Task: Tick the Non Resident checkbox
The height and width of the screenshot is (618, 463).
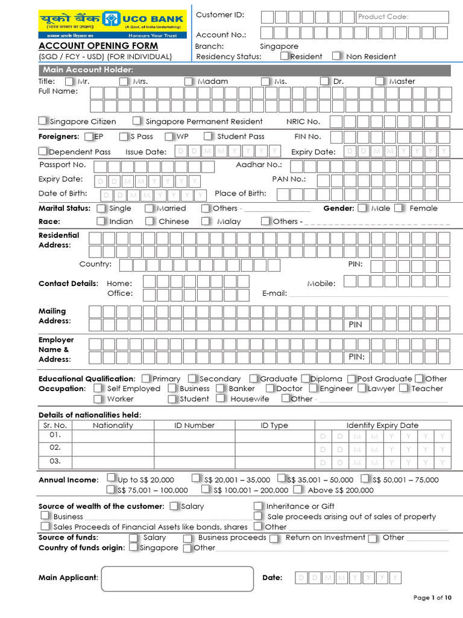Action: [x=336, y=56]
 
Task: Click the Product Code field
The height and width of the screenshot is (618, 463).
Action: [x=402, y=17]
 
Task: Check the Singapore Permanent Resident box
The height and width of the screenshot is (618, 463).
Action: [x=137, y=121]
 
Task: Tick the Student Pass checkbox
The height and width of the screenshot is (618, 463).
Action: [x=208, y=136]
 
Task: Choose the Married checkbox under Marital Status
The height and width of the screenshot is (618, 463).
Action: [x=150, y=208]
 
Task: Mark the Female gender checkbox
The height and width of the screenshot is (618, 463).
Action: [x=400, y=208]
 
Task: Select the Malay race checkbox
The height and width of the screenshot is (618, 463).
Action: [x=206, y=221]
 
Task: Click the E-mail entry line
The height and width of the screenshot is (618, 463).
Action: [x=368, y=295]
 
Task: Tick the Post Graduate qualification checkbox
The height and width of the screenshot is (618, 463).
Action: [x=353, y=378]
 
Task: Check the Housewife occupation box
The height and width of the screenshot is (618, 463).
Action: [x=221, y=398]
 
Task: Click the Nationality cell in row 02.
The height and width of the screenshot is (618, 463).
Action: [x=113, y=448]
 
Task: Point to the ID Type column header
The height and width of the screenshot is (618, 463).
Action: [x=274, y=425]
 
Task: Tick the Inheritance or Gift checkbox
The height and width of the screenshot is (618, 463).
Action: [x=258, y=506]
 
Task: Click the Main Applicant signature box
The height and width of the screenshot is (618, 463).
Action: [x=178, y=578]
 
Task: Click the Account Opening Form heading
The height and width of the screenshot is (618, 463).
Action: [x=98, y=46]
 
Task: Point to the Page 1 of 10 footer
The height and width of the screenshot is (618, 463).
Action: [x=432, y=597]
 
